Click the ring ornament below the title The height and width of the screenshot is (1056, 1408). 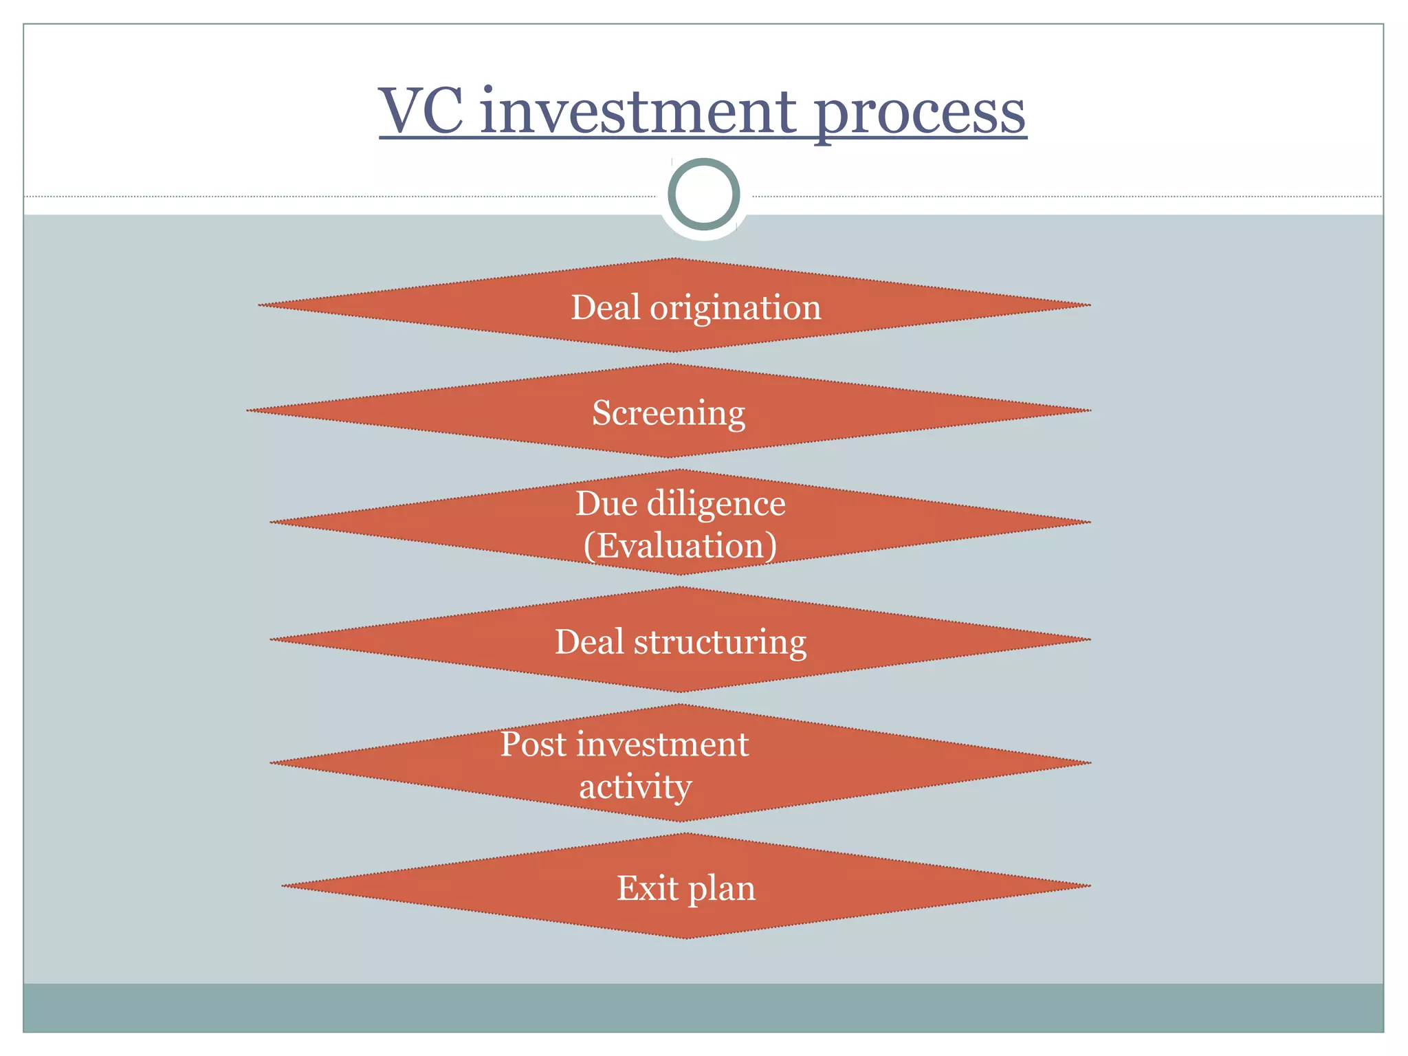click(x=703, y=194)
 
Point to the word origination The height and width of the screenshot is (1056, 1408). click(x=736, y=308)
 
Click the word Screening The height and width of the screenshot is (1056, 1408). click(x=668, y=413)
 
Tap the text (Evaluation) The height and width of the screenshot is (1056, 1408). click(x=680, y=546)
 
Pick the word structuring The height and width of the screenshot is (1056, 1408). click(x=720, y=642)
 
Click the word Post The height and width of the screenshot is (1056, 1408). click(x=533, y=744)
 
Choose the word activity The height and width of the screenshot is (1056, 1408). click(x=635, y=786)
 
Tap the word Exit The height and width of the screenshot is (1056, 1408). click(x=647, y=888)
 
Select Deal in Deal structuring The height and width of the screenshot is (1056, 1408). click(x=589, y=642)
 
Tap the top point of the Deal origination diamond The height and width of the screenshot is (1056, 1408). click(x=674, y=260)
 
